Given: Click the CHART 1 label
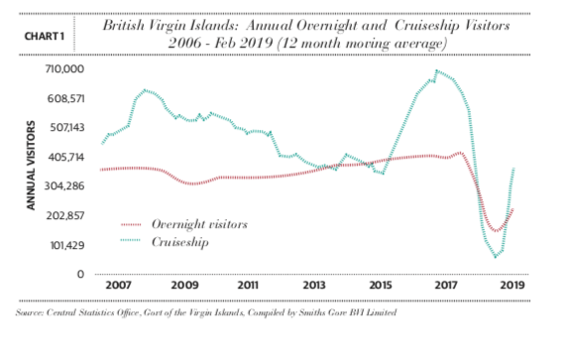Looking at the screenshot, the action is pyautogui.click(x=45, y=37).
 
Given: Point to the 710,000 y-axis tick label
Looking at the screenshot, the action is pyautogui.click(x=64, y=68).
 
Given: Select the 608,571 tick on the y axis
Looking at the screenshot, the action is pyautogui.click(x=65, y=98).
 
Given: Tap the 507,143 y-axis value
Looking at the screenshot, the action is pyautogui.click(x=66, y=127).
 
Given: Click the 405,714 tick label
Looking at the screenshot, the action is pyautogui.click(x=65, y=157).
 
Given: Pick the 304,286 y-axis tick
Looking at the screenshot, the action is pyautogui.click(x=64, y=186).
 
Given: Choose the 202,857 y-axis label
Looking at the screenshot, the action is pyautogui.click(x=64, y=216).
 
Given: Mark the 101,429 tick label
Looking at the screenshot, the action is pyautogui.click(x=67, y=245).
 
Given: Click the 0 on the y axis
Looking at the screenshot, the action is pyautogui.click(x=80, y=274).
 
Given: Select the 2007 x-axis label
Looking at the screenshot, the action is pyautogui.click(x=118, y=285).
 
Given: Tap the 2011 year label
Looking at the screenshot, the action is pyautogui.click(x=248, y=285).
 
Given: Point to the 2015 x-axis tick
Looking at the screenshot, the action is pyautogui.click(x=381, y=285).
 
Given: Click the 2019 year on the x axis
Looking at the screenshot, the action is pyautogui.click(x=512, y=285).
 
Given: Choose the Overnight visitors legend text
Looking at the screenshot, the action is pyautogui.click(x=199, y=224).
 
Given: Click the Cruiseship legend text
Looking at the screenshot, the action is pyautogui.click(x=180, y=242).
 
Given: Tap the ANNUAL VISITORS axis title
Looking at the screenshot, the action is pyautogui.click(x=31, y=165).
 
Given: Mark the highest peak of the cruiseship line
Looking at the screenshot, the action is pyautogui.click(x=437, y=70).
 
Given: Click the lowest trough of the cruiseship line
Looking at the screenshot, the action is pyautogui.click(x=496, y=256).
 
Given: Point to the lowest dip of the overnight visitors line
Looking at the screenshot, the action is pyautogui.click(x=496, y=230).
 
